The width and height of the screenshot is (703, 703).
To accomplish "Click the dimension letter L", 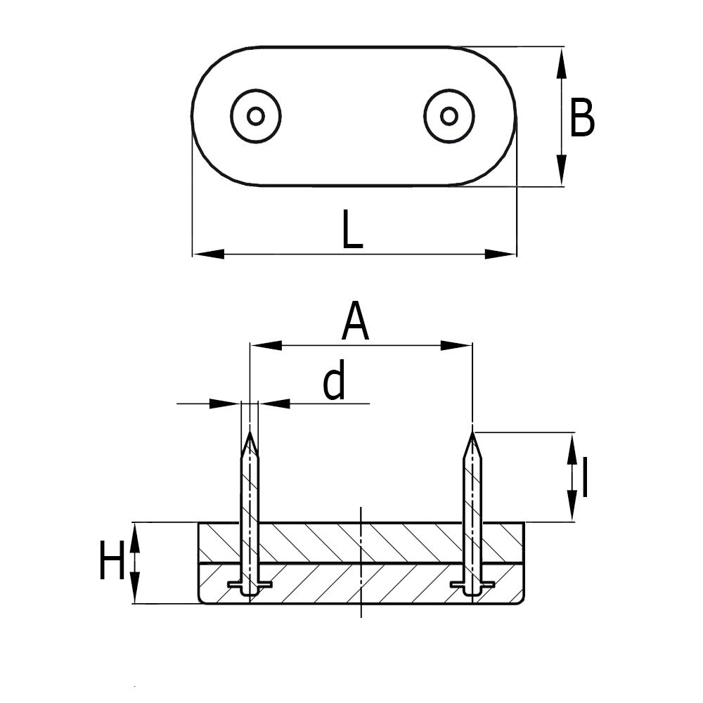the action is click(x=352, y=229).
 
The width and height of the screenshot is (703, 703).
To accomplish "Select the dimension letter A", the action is click(x=355, y=321).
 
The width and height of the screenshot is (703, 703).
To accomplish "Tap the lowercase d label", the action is click(x=335, y=380).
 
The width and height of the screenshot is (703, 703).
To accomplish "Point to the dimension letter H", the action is click(x=112, y=560).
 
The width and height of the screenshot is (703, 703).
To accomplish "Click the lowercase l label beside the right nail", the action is click(x=584, y=477).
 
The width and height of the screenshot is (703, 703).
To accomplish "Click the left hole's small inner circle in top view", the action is click(x=256, y=117).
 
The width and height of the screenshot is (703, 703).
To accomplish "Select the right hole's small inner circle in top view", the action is click(x=449, y=117).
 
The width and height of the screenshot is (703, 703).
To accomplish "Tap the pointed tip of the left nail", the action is click(x=250, y=432).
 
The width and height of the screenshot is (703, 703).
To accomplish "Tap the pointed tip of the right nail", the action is click(x=472, y=432).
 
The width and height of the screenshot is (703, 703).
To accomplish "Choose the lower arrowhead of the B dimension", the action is click(x=561, y=170).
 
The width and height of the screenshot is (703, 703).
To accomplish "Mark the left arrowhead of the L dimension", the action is click(x=209, y=254).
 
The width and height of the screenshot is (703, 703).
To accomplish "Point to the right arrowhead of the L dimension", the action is click(x=501, y=254).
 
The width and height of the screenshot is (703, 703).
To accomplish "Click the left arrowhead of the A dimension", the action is click(x=266, y=345).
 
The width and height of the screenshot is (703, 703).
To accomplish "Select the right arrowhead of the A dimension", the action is click(x=456, y=345).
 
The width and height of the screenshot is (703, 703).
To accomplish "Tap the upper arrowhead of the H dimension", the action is click(x=135, y=538).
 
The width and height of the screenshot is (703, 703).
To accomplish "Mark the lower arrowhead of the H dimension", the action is click(x=135, y=587).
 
